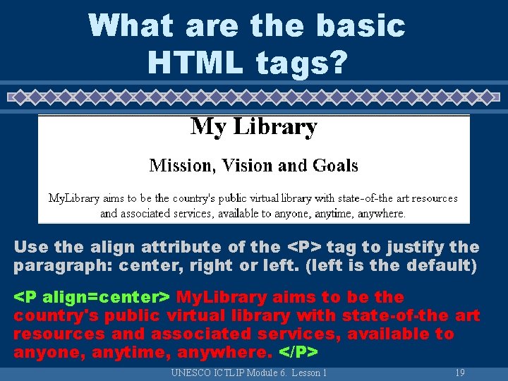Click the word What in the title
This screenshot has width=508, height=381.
point(131,26)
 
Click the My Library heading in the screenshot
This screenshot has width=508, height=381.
point(254,127)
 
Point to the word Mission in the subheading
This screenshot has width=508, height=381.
point(181,166)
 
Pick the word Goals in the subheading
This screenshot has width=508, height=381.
point(332,166)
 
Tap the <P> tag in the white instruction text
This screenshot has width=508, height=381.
point(303,248)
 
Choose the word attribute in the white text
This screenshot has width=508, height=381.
point(180,248)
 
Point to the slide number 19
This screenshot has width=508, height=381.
point(459,373)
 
